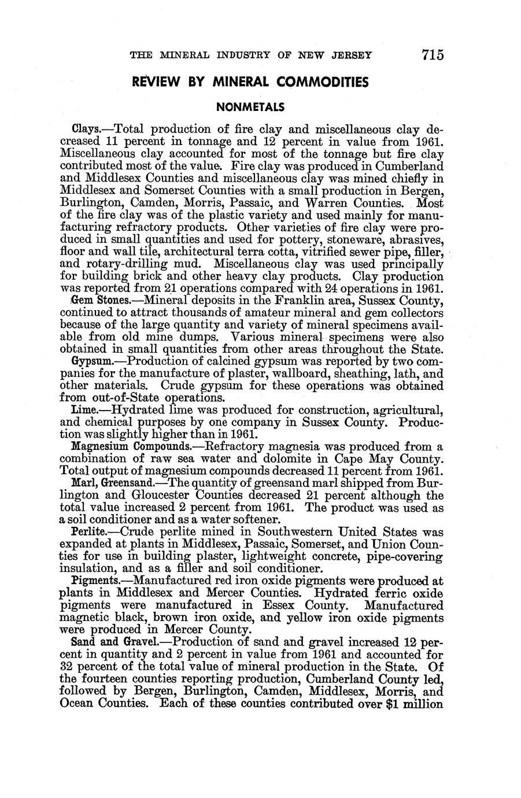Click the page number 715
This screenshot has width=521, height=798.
pos(433,55)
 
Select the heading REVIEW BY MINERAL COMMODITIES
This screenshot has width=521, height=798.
pos(250,82)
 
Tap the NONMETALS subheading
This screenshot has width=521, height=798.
pos(250,107)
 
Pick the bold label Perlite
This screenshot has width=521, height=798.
pos(87,531)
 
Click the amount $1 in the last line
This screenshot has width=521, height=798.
pos(385,704)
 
